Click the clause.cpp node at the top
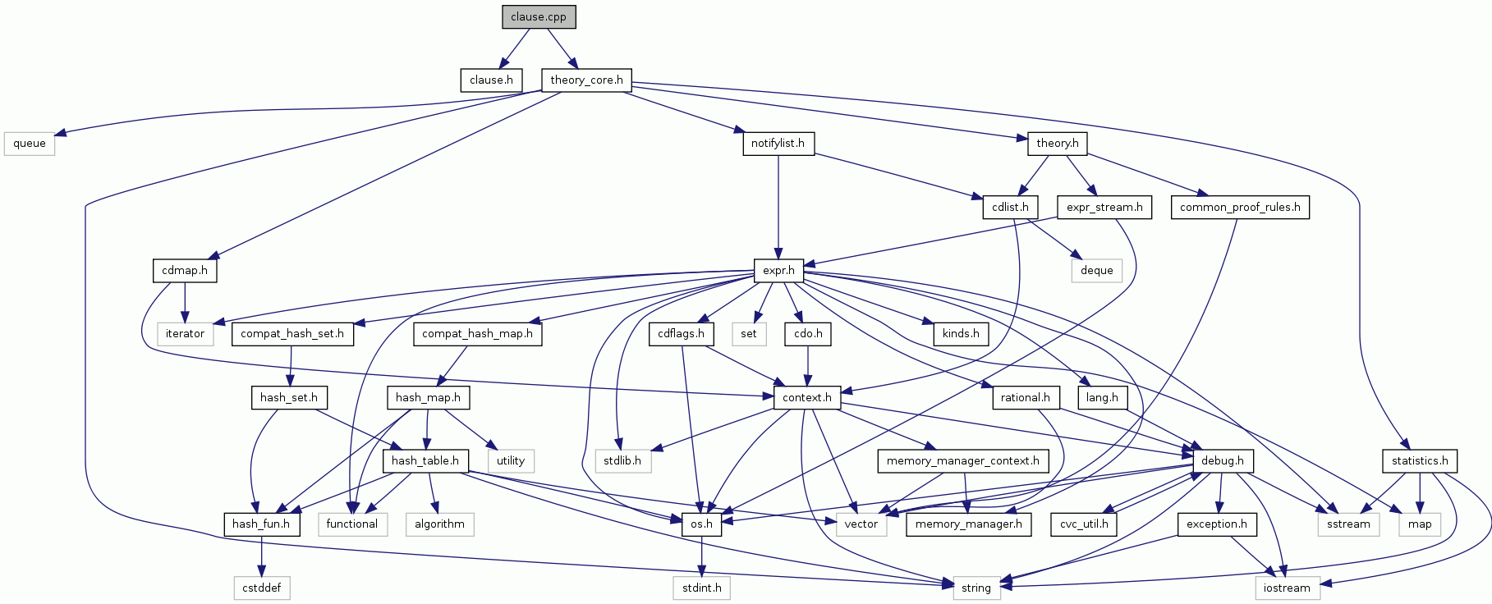click(x=539, y=16)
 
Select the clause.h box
click(x=491, y=80)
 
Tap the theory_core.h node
click(x=586, y=80)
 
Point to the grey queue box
click(x=30, y=144)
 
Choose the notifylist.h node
click(x=778, y=144)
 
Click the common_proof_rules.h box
click(x=1240, y=207)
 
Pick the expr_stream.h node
click(x=1104, y=207)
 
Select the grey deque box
click(x=1097, y=271)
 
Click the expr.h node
click(x=778, y=271)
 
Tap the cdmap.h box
click(x=185, y=271)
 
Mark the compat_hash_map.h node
click(x=477, y=334)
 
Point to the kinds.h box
click(x=961, y=334)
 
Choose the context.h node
click(x=807, y=398)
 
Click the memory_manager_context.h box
click(x=962, y=461)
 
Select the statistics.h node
click(x=1420, y=461)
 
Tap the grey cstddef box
click(x=261, y=588)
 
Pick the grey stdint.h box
click(x=702, y=588)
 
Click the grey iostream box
click(x=1287, y=588)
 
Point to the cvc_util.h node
click(x=1084, y=524)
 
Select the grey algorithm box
click(x=439, y=524)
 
